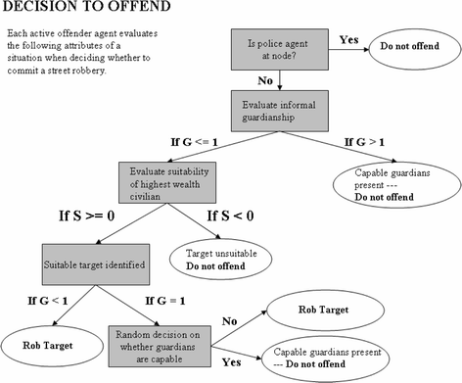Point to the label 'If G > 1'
pyautogui.click(x=365, y=144)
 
